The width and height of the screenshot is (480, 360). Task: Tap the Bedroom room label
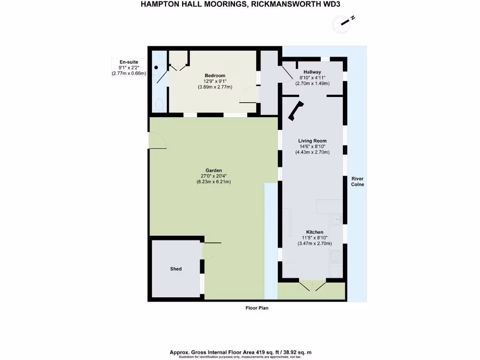[215, 75]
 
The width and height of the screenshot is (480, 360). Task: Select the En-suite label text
[128, 61]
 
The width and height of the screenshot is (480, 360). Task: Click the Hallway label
[312, 72]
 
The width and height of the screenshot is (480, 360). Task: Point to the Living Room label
[312, 141]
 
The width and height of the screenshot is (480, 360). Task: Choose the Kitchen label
[315, 232]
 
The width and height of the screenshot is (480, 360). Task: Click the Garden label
[213, 170]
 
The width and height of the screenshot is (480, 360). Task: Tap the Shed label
[176, 269]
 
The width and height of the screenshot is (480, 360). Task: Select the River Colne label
[358, 181]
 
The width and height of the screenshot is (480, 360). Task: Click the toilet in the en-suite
[158, 104]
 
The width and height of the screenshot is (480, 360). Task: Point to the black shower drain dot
[156, 67]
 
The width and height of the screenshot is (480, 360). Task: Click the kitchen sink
[337, 218]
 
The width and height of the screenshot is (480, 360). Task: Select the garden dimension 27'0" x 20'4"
[213, 176]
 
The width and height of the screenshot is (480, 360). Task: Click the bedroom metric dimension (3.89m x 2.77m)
[215, 87]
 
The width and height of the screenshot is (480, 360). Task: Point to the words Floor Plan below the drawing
[257, 308]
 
